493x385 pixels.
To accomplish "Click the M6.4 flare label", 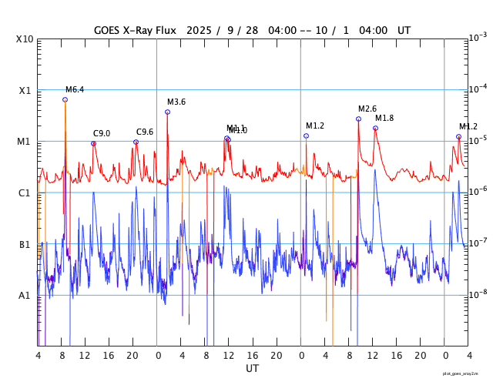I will [75, 90].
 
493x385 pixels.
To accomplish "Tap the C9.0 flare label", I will [102, 133].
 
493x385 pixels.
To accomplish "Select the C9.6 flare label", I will [145, 132].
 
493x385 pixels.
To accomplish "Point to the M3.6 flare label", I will [176, 102].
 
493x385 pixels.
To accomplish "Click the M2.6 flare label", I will [367, 109].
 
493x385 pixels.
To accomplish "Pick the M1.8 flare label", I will [384, 118].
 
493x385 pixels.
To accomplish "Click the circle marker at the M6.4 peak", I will [65, 99].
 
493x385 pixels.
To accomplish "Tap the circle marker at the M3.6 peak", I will [167, 112].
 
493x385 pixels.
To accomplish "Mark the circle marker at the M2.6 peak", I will [358, 119].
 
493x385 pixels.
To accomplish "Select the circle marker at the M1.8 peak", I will [375, 128].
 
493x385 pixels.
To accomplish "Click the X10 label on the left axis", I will [24, 39].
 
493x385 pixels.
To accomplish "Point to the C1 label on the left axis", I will [24, 193].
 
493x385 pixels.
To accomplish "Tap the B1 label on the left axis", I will [24, 245].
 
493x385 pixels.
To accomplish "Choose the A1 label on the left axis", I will [24, 296].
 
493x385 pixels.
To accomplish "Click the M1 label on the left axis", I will [24, 142].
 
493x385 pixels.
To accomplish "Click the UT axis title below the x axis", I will [253, 369].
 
